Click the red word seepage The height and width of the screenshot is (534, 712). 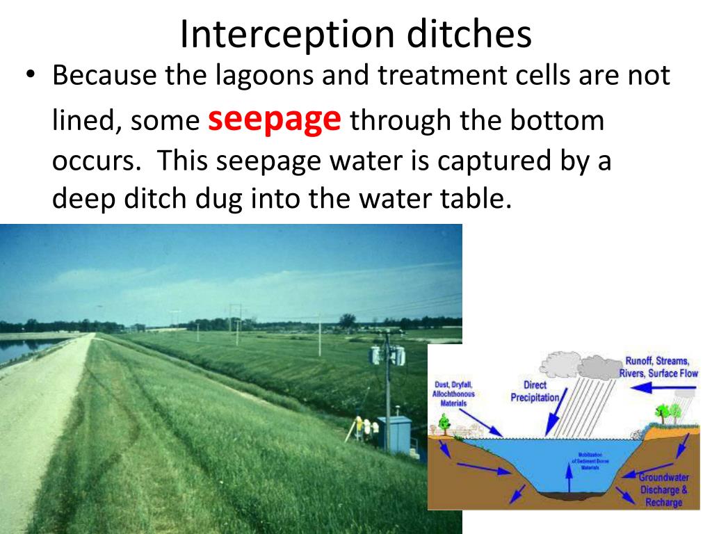click(x=275, y=120)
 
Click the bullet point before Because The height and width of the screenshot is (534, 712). click(x=30, y=75)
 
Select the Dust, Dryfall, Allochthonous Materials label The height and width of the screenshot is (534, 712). click(x=453, y=393)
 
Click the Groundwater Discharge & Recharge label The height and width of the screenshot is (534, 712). click(x=663, y=489)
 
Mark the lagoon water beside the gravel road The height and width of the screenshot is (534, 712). click(x=21, y=348)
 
